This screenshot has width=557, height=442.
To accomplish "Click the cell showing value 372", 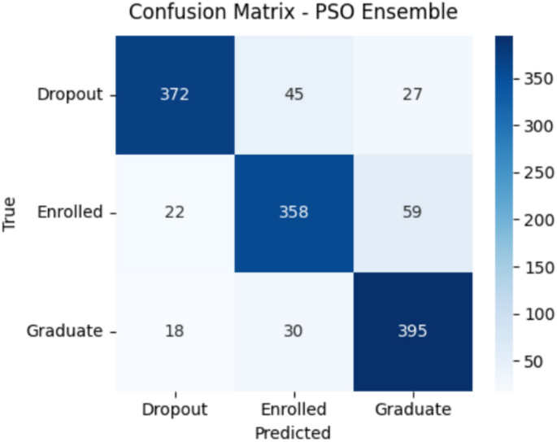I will pos(174,94).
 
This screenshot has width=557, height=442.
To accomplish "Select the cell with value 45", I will pos(293,94).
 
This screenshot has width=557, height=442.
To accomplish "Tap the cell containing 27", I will pos(412,94).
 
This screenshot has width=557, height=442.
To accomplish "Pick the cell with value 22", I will pos(174,212).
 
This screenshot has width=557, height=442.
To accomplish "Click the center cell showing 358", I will pos(293,212).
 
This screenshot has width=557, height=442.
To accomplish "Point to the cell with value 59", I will pos(412,212).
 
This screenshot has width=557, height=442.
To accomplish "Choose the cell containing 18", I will pos(174,331).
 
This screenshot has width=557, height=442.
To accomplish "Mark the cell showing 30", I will pos(293,331).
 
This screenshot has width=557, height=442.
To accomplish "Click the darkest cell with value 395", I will pos(412,331).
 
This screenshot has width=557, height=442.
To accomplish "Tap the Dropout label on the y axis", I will pos(70,94).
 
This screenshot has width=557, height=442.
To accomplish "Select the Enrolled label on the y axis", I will pos(71,212).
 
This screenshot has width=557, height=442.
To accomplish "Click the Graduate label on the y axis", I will pos(65,331).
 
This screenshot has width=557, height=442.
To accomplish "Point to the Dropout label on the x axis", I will pos(174,409).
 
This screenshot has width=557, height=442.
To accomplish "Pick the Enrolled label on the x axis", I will pos(293,409).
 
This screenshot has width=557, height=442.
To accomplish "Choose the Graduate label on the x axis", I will pos(412,409).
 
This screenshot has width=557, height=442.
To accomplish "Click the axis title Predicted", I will pos(293,431).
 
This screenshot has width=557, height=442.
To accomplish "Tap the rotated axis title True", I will pos(11,212).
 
